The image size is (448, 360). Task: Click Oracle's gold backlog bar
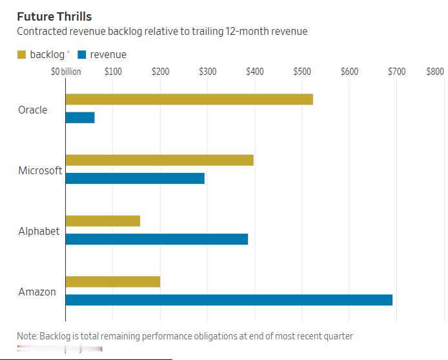pyautogui.click(x=189, y=99)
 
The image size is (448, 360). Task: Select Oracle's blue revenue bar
pyautogui.click(x=80, y=117)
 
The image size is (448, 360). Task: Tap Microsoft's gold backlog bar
pyautogui.click(x=159, y=160)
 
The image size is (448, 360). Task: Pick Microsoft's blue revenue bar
pyautogui.click(x=135, y=178)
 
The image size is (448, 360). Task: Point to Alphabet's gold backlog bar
pyautogui.click(x=103, y=221)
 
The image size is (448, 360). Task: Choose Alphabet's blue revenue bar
pyautogui.click(x=157, y=239)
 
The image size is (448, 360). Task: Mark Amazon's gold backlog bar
pyautogui.click(x=113, y=281)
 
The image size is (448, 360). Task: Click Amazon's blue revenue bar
pyautogui.click(x=229, y=299)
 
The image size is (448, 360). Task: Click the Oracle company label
pyautogui.click(x=33, y=110)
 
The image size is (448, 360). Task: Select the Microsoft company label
pyautogui.click(x=40, y=170)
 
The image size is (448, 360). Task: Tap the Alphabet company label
pyautogui.click(x=39, y=231)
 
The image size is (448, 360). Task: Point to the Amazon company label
pyautogui.click(x=37, y=292)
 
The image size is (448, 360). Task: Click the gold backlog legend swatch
pyautogui.click(x=22, y=55)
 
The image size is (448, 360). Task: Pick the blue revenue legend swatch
pyautogui.click(x=81, y=55)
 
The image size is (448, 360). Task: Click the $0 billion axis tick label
pyautogui.click(x=66, y=71)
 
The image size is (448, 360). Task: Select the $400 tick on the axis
pyautogui.click(x=255, y=71)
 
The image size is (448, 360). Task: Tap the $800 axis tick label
pyautogui.click(x=435, y=71)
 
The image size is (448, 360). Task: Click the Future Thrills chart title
pyautogui.click(x=54, y=16)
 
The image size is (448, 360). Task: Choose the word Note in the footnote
pyautogui.click(x=26, y=336)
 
